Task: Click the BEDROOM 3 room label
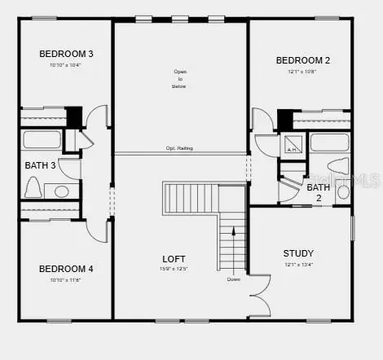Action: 67,54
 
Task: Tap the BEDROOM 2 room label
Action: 303,60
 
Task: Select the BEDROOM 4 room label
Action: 67,269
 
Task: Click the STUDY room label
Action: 298,253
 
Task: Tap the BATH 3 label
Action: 40,165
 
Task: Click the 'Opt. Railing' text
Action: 180,148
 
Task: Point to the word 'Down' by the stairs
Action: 234,279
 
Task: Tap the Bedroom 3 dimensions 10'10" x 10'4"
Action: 67,64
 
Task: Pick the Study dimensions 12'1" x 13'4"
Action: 298,264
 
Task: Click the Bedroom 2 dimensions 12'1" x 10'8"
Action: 303,71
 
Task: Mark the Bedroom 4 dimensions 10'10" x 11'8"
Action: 67,279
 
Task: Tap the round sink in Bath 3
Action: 61,192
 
